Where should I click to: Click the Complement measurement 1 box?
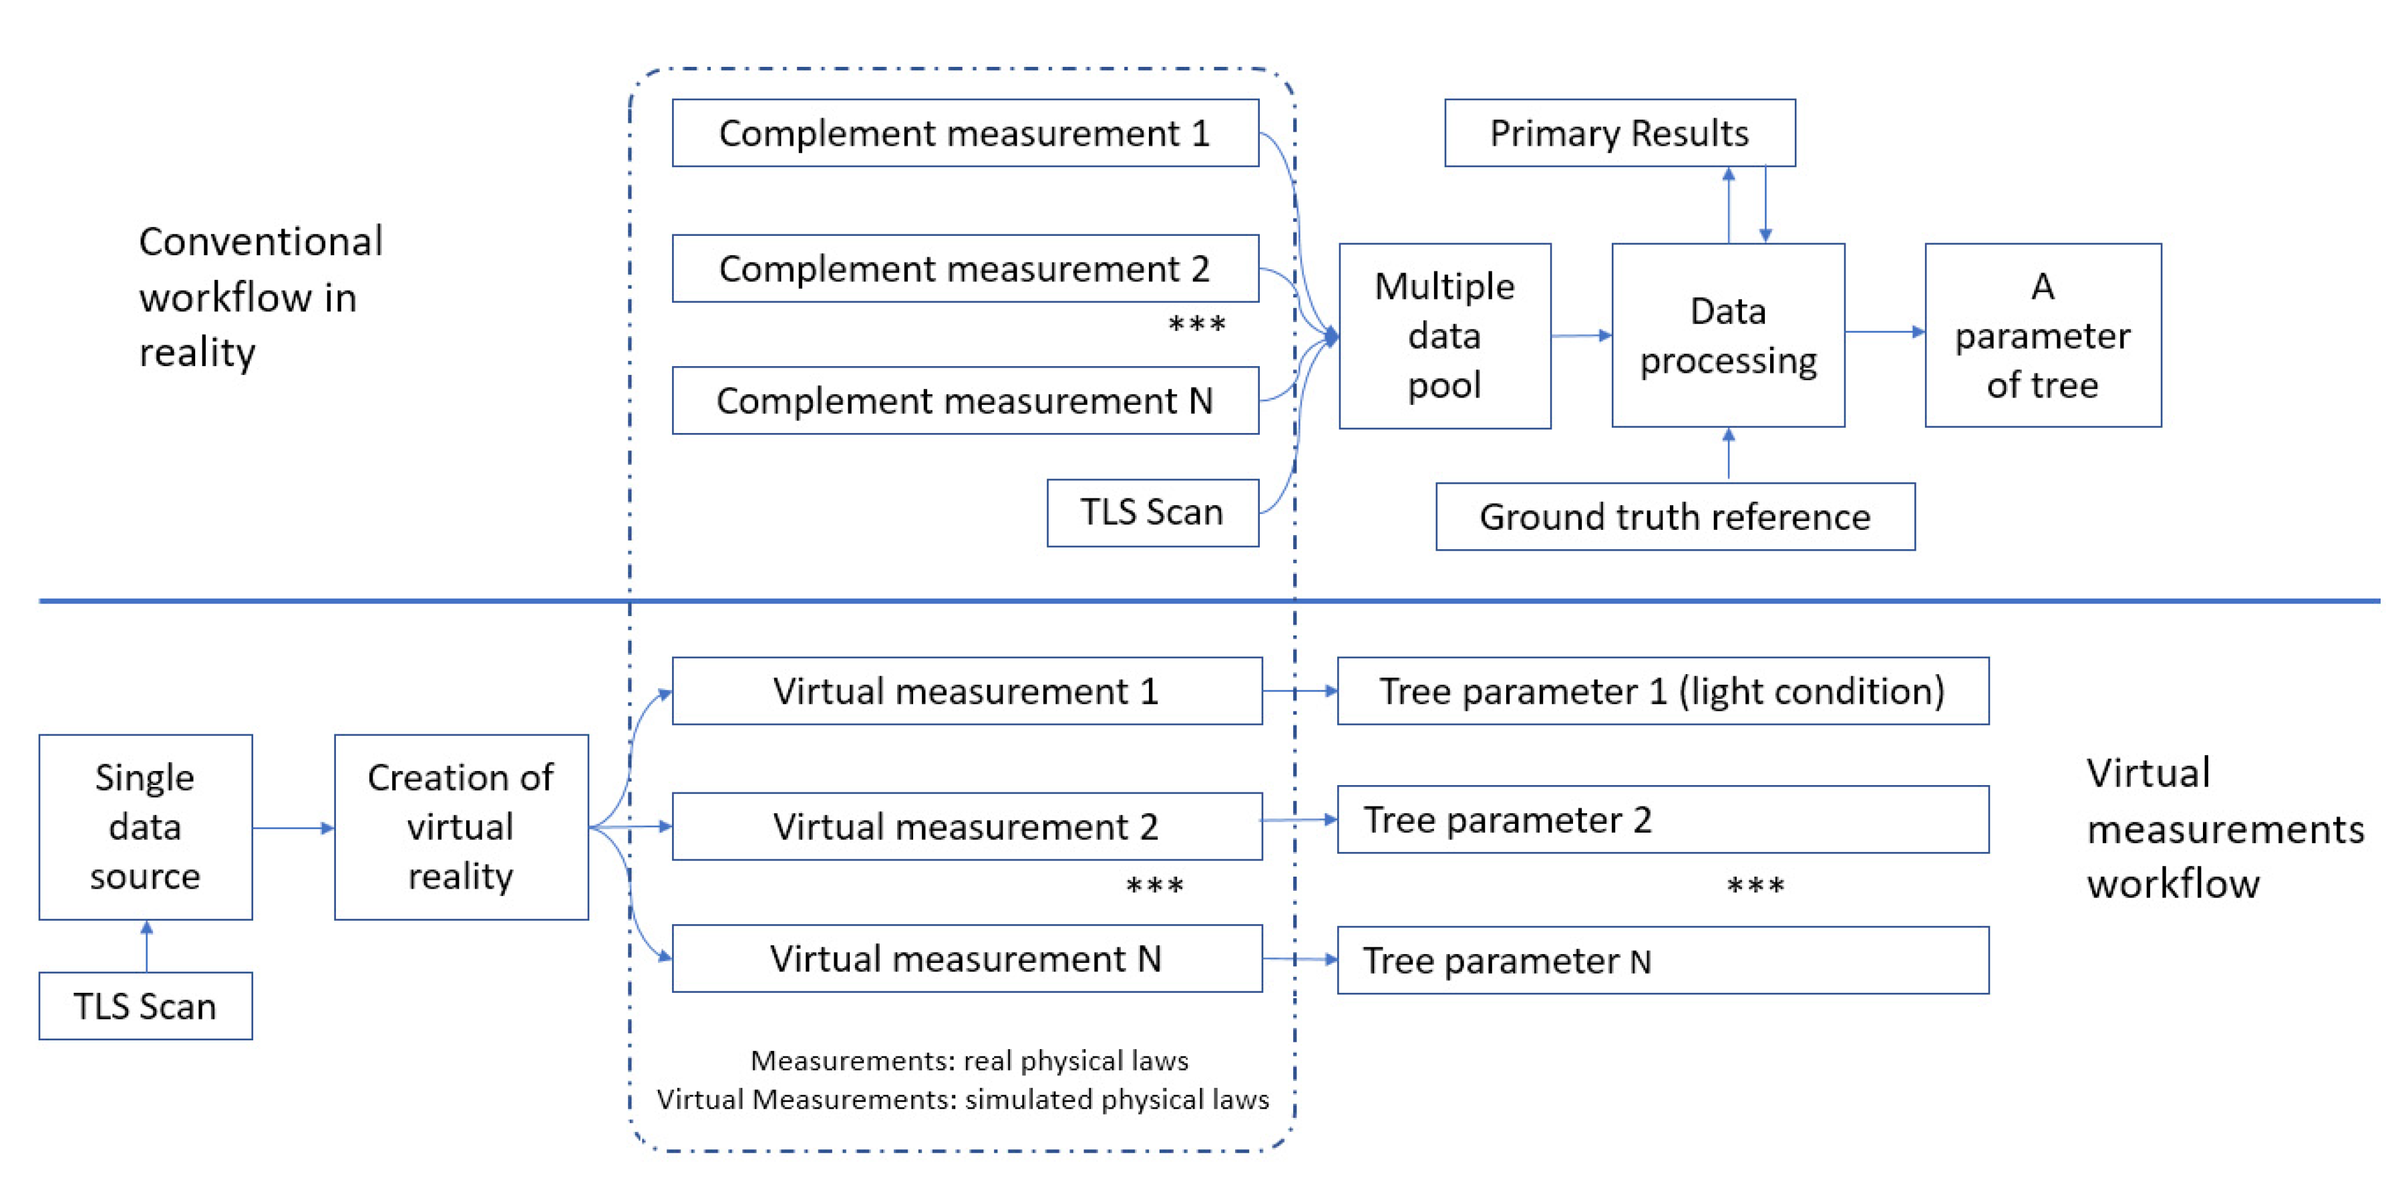[965, 133]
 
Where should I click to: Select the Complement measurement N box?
[965, 400]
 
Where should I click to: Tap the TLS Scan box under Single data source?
[145, 1006]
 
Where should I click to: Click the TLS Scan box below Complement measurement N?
[1152, 512]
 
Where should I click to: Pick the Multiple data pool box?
[1444, 335]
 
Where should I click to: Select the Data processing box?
[1727, 335]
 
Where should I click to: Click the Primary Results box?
[1619, 133]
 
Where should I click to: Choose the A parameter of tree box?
[2043, 335]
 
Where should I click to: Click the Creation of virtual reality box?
[461, 827]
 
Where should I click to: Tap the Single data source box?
[145, 827]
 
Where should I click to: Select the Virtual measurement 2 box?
[967, 826]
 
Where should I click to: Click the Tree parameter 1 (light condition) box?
[1662, 691]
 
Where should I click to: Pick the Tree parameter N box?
[1662, 960]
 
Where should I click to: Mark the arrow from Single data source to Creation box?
[293, 828]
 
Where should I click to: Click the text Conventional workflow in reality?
[260, 297]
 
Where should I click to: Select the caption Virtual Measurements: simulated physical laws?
[963, 1099]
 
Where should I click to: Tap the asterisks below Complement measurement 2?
[1196, 325]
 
